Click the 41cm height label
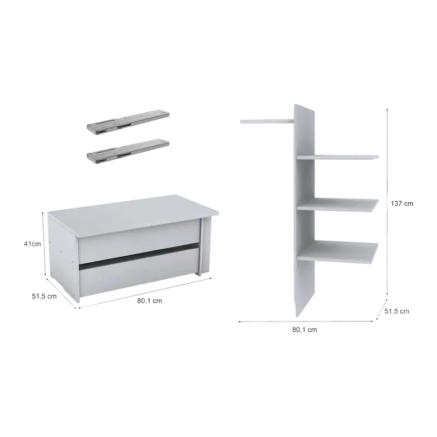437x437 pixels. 32,244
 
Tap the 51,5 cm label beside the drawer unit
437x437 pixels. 44,296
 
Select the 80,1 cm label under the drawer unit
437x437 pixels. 149,301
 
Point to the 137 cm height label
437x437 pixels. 402,203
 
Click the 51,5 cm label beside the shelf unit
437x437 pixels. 397,311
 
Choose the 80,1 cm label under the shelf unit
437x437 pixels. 305,330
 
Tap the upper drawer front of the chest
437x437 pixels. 139,241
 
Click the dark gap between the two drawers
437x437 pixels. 139,256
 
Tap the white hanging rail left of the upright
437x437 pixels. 267,121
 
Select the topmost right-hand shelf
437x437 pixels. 338,158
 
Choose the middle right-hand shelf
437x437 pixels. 338,205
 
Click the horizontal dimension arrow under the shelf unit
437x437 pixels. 305,322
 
